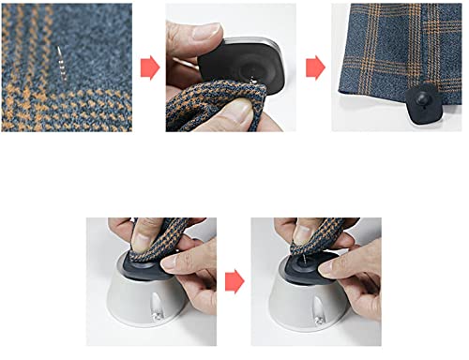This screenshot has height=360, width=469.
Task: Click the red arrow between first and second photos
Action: click(x=147, y=67)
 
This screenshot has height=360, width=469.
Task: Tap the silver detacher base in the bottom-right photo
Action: click(x=314, y=305)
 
